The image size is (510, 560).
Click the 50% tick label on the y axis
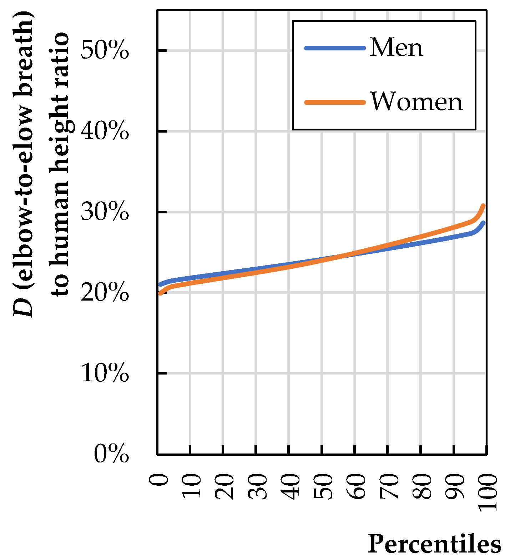pyautogui.click(x=104, y=51)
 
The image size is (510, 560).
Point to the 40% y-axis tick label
pyautogui.click(x=104, y=132)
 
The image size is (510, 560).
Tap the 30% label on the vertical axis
pyautogui.click(x=104, y=212)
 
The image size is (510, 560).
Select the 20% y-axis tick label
pyautogui.click(x=104, y=293)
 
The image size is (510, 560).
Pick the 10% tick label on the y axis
pyautogui.click(x=104, y=374)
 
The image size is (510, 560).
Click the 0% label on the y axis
pyautogui.click(x=111, y=455)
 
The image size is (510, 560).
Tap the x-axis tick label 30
pyautogui.click(x=257, y=486)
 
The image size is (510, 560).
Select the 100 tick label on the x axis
pyautogui.click(x=487, y=492)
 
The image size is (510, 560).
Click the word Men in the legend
pyautogui.click(x=396, y=48)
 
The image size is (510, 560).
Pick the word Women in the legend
pyautogui.click(x=416, y=102)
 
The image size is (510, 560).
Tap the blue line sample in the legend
pyautogui.click(x=335, y=48)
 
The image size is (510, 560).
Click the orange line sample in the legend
pyautogui.click(x=335, y=102)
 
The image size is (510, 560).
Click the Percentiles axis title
pyautogui.click(x=434, y=544)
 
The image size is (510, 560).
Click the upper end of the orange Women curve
pyautogui.click(x=484, y=205)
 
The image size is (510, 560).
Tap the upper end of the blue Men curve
pyautogui.click(x=484, y=223)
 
